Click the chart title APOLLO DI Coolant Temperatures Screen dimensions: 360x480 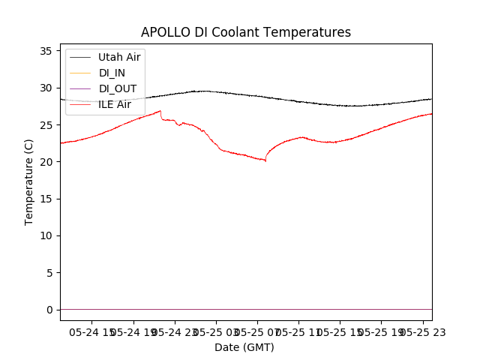tap(246, 32)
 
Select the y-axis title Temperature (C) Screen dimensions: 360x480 tap(29, 181)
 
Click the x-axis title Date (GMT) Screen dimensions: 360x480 tap(244, 347)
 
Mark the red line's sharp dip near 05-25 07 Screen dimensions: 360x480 tap(265, 160)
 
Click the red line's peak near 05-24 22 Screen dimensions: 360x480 tap(160, 111)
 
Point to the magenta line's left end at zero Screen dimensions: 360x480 tap(61, 309)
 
